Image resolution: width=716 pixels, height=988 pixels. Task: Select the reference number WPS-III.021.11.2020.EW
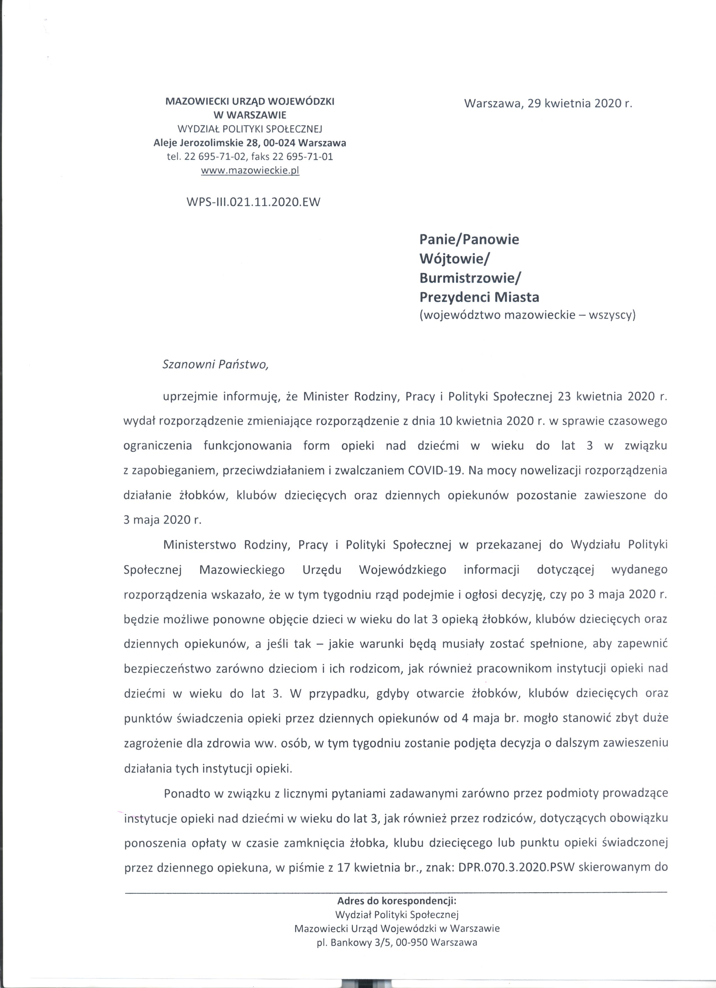[x=253, y=202]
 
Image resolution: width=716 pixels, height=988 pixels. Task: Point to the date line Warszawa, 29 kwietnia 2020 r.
[x=548, y=103]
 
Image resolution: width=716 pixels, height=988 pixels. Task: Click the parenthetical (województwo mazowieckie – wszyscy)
[x=527, y=315]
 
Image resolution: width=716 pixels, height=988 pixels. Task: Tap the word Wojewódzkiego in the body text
[x=402, y=570]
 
